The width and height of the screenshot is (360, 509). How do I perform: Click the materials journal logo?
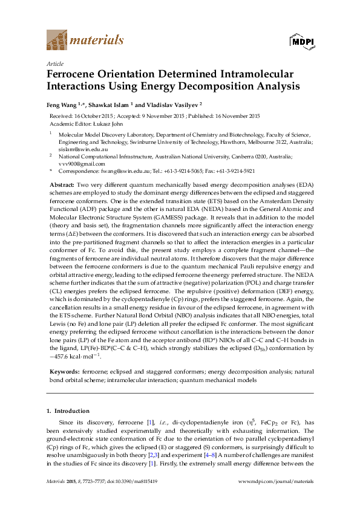point(85,40)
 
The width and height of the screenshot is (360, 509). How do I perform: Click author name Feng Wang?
point(63,104)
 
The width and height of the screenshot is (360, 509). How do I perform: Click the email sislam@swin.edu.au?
point(74,149)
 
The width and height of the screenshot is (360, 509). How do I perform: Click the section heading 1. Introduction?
point(68,411)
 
